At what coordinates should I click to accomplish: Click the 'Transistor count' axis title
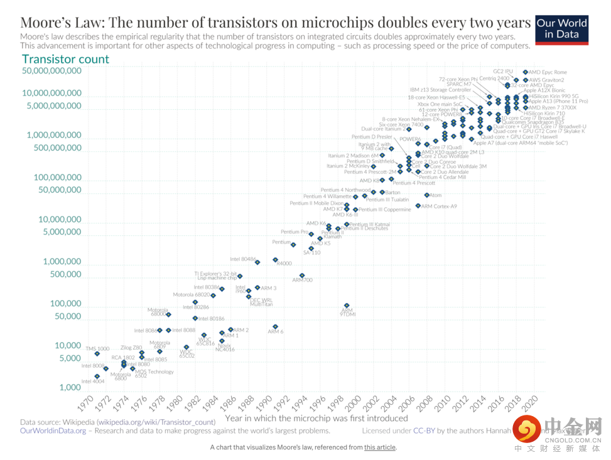click(65, 60)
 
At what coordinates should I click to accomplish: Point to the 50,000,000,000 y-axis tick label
click(51, 71)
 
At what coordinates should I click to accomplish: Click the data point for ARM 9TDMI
click(347, 306)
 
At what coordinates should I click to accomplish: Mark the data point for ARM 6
click(276, 327)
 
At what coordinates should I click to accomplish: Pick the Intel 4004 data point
click(97, 376)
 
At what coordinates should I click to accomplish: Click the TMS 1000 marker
click(97, 354)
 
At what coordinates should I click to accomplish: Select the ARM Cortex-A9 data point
click(418, 206)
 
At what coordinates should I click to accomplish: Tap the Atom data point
click(427, 195)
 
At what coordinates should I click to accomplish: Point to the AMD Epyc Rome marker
click(525, 72)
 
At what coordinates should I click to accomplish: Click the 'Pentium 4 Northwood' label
click(345, 190)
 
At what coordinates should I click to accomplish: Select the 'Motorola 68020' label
click(192, 294)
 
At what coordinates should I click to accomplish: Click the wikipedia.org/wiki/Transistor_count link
click(156, 422)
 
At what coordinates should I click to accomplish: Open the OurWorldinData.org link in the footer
click(53, 431)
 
